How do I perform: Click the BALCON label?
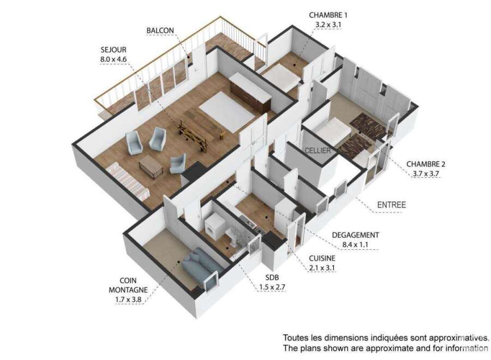point(160,31)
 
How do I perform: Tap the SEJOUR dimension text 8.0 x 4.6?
point(113,59)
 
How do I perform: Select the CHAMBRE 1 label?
point(328,15)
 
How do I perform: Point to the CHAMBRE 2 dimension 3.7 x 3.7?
point(426,174)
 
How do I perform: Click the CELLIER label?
point(318,151)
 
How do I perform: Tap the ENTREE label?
point(391,205)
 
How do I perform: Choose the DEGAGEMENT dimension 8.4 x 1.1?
point(355,244)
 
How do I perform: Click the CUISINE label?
point(322,258)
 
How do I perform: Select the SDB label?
point(272,277)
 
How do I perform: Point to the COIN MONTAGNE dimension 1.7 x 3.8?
point(128,299)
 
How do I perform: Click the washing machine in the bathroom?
point(215,226)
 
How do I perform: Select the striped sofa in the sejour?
point(128,181)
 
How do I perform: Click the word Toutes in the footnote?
point(296,338)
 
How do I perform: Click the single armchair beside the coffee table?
point(178,164)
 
